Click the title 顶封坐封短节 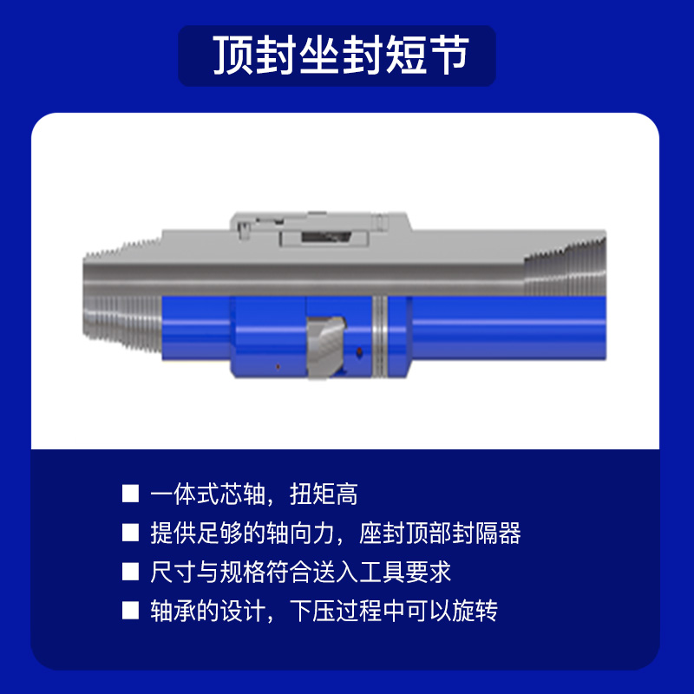(341, 55)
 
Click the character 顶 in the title (233, 55)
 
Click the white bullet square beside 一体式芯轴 (130, 494)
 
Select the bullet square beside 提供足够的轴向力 (130, 533)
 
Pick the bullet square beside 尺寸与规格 (130, 572)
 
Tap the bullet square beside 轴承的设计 (130, 611)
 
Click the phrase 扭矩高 (324, 494)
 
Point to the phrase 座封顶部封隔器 (440, 533)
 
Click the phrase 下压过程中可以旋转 (394, 611)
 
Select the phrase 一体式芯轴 (207, 494)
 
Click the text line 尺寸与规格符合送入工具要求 (300, 572)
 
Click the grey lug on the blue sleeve (325, 348)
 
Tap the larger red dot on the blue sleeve (359, 352)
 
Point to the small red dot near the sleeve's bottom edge (278, 366)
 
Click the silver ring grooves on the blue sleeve (380, 337)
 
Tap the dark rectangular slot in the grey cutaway (326, 237)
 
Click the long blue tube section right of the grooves (509, 328)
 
